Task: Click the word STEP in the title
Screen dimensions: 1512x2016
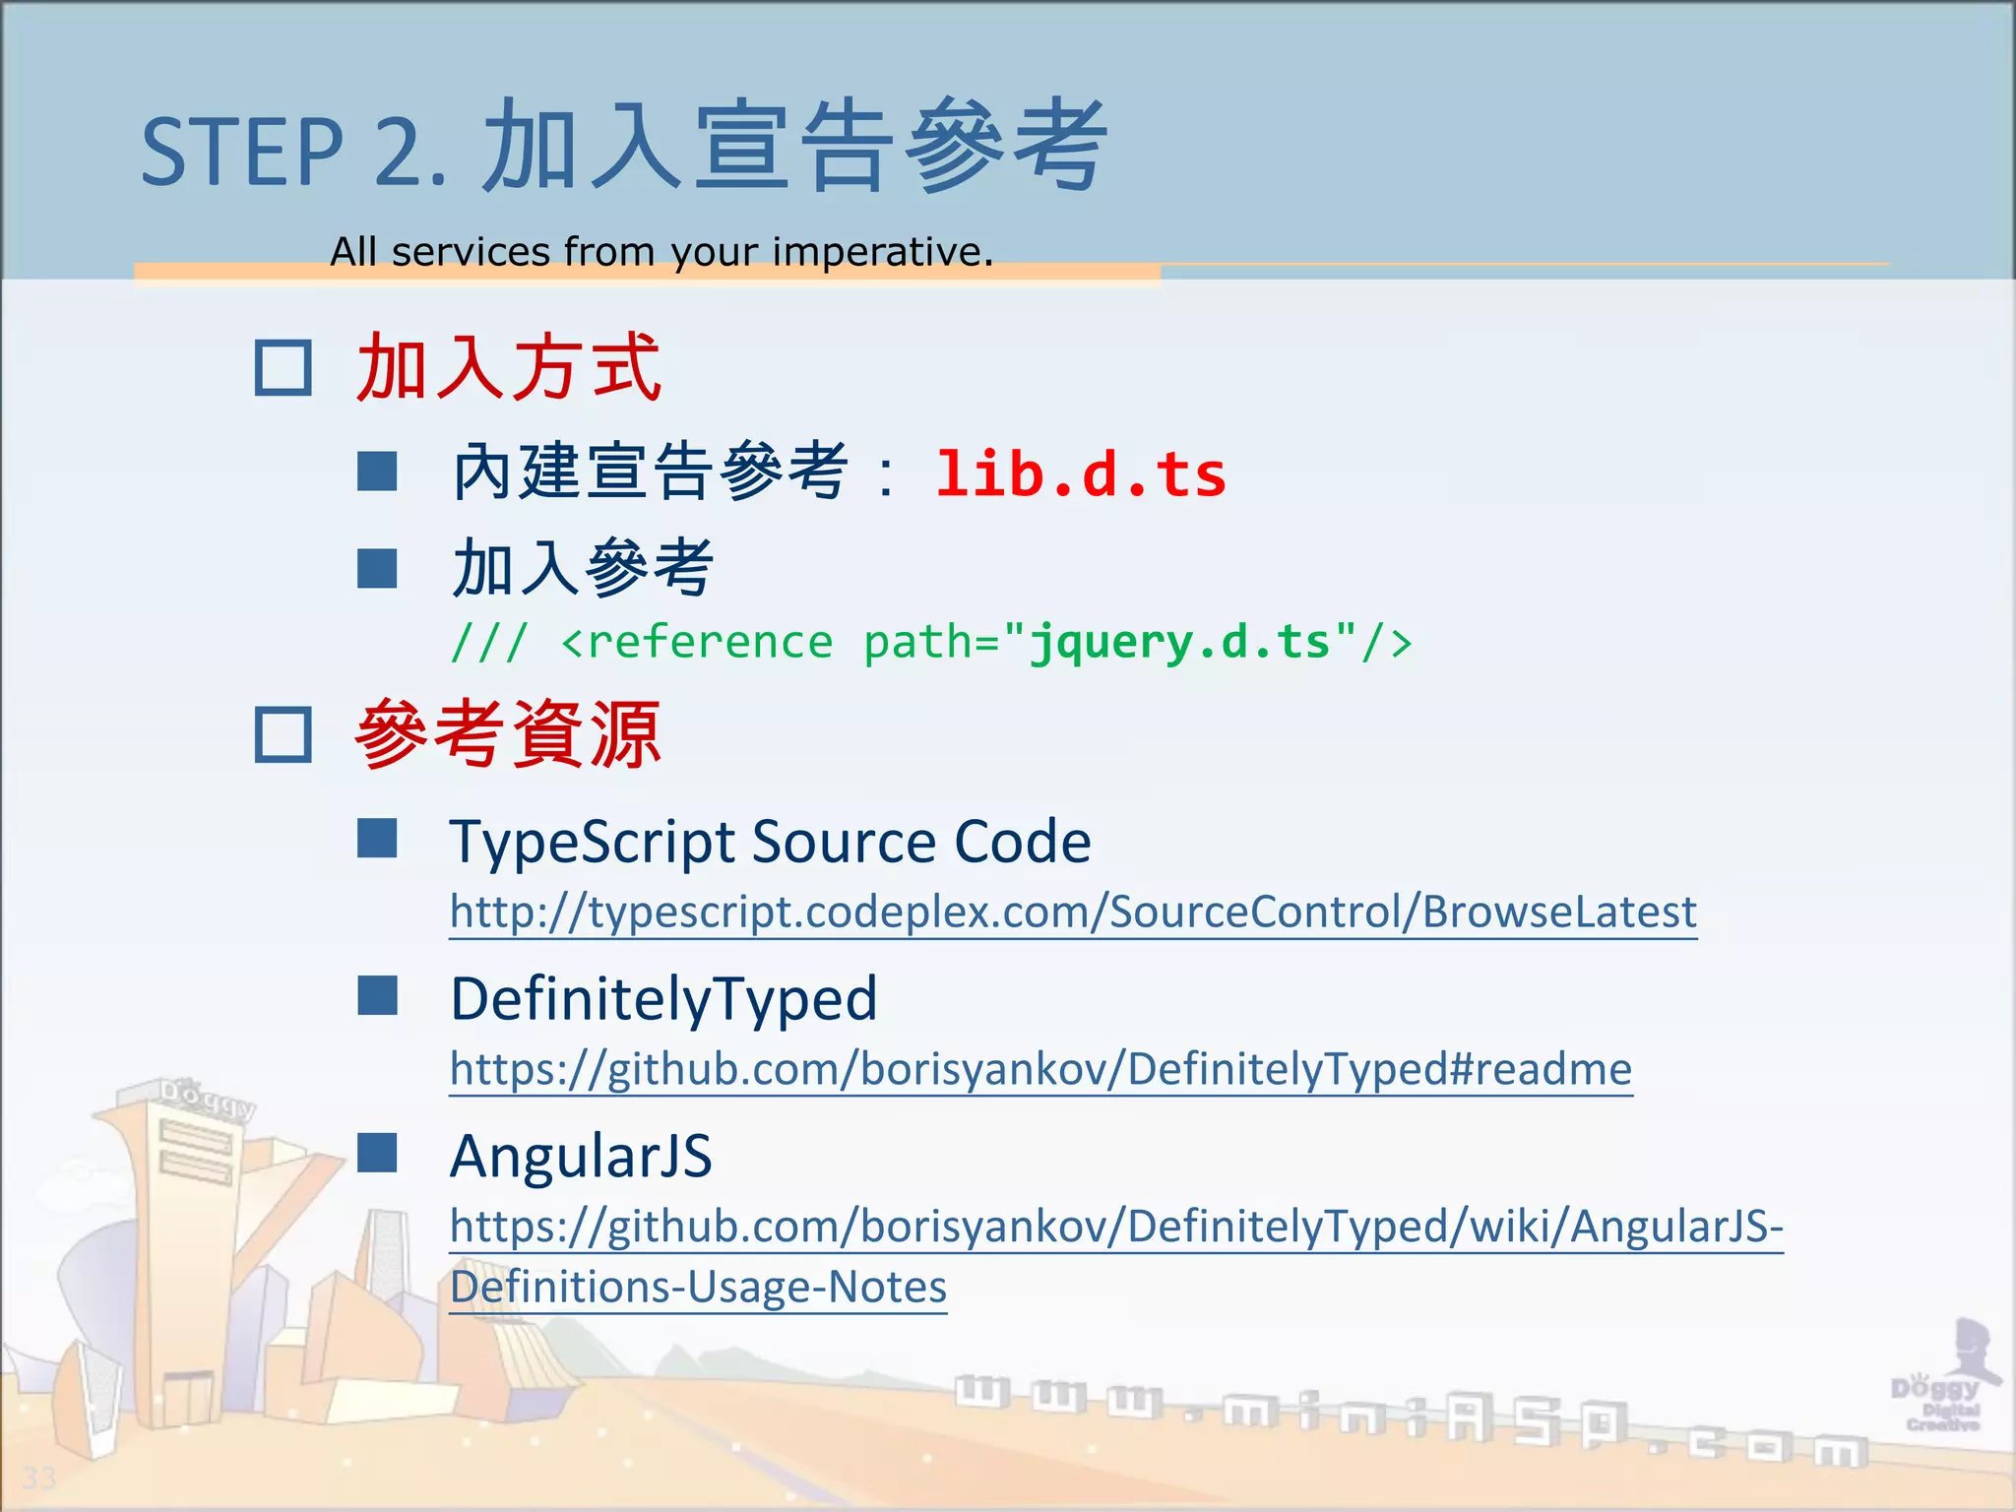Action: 241,153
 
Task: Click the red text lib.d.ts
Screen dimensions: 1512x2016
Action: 1080,474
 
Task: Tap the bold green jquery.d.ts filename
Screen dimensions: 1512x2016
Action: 1179,642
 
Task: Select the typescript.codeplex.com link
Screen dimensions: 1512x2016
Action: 1073,912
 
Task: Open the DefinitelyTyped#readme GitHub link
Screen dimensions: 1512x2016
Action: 1040,1068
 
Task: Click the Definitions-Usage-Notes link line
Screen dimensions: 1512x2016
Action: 698,1287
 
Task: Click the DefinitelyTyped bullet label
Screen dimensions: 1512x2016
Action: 663,998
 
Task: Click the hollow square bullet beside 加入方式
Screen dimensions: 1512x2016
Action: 283,368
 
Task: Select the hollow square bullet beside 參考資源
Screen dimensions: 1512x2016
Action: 283,734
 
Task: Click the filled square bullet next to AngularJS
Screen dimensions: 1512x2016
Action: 377,1153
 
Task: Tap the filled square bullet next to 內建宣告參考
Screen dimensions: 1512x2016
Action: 377,472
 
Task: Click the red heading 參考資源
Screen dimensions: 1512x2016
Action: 508,734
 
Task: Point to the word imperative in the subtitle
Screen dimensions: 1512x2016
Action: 882,252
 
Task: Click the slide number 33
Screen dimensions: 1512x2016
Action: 39,1478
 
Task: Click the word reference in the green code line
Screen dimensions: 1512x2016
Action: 709,642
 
